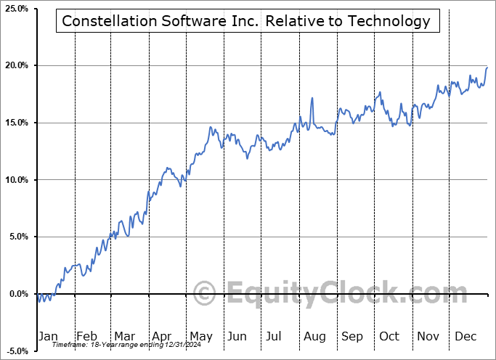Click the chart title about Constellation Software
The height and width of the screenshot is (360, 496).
(x=246, y=21)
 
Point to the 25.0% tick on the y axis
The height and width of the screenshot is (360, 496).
(x=15, y=9)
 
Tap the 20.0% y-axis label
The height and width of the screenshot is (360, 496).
(x=15, y=66)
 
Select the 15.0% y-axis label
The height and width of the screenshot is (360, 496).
(x=15, y=123)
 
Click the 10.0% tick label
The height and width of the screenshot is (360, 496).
(x=15, y=180)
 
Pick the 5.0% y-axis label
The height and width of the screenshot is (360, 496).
(x=17, y=237)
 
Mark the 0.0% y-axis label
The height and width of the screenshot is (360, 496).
(x=17, y=294)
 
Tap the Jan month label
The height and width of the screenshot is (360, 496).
(x=48, y=336)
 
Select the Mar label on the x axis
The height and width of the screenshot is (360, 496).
(x=124, y=336)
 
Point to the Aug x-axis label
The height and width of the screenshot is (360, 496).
(x=314, y=336)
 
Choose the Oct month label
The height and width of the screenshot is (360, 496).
(x=389, y=336)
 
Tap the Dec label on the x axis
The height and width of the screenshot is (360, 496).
(x=465, y=336)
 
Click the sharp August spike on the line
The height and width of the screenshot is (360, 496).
(x=312, y=98)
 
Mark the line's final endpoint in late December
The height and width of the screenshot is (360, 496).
(x=487, y=67)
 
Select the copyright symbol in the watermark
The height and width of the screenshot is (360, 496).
(x=205, y=294)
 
